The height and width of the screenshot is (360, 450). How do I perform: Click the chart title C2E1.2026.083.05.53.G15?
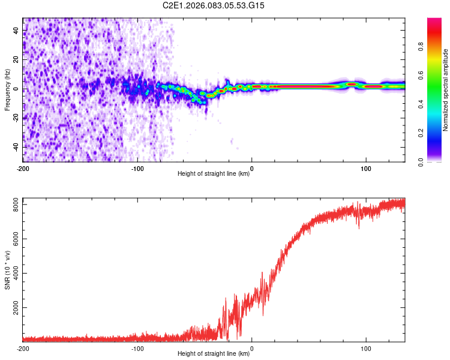pyautogui.click(x=214, y=5)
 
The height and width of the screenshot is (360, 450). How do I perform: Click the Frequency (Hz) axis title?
pyautogui.click(x=7, y=89)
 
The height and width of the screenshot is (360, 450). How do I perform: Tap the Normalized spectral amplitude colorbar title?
pyautogui.click(x=445, y=90)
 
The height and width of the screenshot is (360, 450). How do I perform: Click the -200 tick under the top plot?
pyautogui.click(x=23, y=167)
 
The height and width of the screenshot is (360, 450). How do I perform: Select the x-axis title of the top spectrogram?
pyautogui.click(x=214, y=174)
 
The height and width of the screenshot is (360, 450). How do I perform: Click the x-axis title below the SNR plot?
pyautogui.click(x=214, y=354)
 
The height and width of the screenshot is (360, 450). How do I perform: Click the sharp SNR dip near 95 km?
pyautogui.click(x=359, y=227)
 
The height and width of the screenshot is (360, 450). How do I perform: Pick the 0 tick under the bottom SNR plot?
pyautogui.click(x=251, y=347)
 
